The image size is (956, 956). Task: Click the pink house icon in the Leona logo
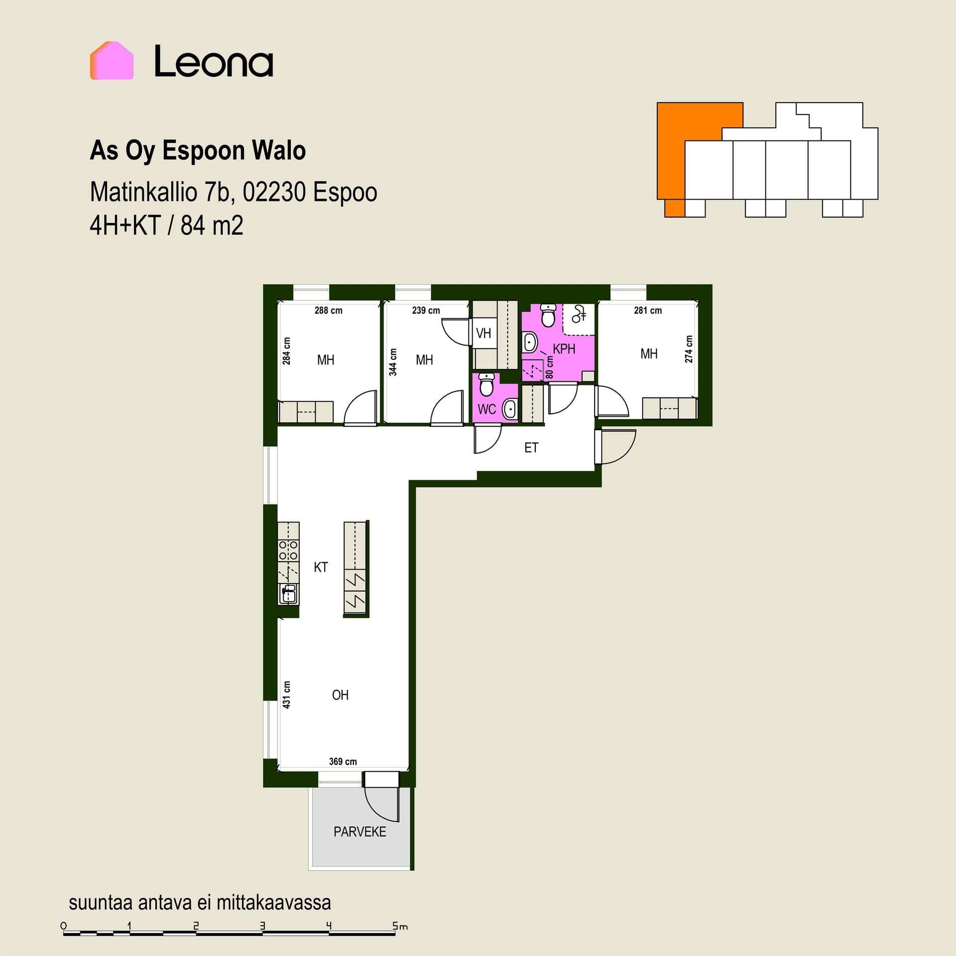(112, 60)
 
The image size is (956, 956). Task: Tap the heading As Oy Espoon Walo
(198, 151)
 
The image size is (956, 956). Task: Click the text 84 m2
(212, 225)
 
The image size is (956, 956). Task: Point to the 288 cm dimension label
(329, 310)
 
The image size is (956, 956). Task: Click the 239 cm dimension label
(426, 310)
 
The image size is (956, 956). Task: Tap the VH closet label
(483, 333)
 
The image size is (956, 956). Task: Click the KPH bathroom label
(564, 349)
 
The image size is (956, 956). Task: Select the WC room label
(486, 409)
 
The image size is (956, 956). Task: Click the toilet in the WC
(486, 384)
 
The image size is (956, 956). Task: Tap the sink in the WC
(510, 409)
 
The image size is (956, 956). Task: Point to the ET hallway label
(531, 448)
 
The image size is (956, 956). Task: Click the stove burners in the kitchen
(288, 550)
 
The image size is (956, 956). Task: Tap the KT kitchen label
(321, 567)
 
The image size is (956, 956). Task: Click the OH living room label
(340, 695)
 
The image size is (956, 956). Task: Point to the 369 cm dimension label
(343, 761)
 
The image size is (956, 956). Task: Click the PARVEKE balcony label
(360, 832)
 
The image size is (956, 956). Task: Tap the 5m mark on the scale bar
(400, 926)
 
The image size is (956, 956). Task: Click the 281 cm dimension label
(648, 310)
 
